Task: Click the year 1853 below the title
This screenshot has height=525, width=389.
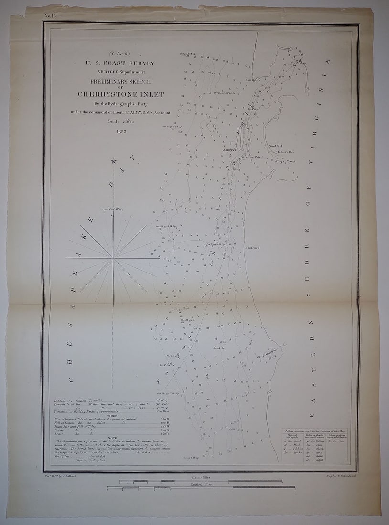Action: coord(121,132)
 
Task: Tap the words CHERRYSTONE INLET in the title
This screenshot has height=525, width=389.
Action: coord(121,94)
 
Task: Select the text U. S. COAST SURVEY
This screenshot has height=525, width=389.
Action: coord(121,63)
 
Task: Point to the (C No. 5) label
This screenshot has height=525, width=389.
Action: coord(121,53)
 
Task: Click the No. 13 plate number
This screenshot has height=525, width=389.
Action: coord(50,16)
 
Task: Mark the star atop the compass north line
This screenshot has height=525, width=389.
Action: coord(114,161)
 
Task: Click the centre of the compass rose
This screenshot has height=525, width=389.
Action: coord(113,258)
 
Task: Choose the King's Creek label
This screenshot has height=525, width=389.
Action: coord(285,161)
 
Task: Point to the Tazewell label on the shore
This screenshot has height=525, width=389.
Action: coord(253,248)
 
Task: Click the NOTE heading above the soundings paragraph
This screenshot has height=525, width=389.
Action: coord(113,438)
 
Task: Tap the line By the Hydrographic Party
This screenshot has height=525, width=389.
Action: coord(121,103)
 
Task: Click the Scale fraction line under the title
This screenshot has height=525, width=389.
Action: coord(121,121)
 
